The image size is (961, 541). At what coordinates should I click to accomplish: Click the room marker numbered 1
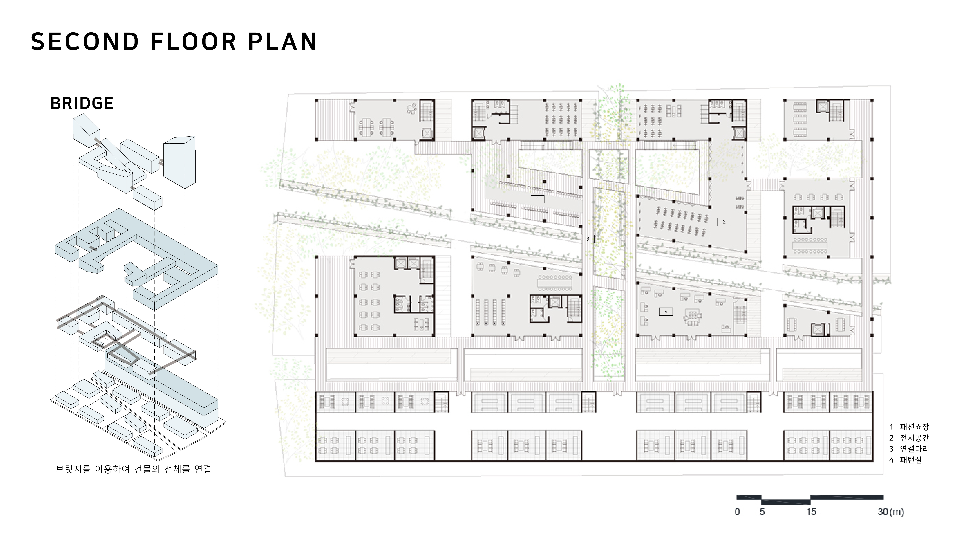538,199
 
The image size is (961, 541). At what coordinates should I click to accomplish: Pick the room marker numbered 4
666,311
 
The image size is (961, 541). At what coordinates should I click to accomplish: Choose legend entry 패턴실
911,460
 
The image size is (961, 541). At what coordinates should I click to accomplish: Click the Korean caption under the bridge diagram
134,469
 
